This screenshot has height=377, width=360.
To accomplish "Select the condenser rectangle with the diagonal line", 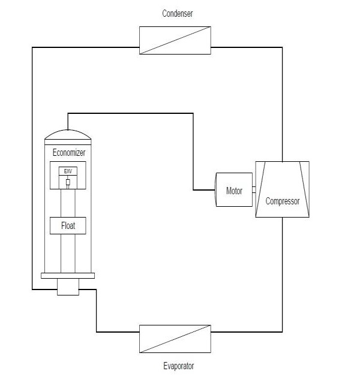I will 175,40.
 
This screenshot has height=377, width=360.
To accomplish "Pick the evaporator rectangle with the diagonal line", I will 175,339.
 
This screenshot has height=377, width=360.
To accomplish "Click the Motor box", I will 234,191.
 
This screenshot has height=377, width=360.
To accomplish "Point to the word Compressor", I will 282,201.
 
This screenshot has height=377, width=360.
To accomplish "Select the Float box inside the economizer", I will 68,226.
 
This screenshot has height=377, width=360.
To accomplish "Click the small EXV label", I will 68,171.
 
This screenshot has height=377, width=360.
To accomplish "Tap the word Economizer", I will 69,152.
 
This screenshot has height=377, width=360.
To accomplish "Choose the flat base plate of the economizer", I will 68,276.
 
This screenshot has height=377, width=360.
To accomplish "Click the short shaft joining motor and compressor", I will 254,191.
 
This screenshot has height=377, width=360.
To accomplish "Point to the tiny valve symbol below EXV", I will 68,182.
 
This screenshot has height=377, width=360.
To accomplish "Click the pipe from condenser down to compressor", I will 282,102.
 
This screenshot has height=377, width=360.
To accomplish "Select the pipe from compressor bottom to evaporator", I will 282,276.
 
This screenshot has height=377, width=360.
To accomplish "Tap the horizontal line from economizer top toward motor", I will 132,113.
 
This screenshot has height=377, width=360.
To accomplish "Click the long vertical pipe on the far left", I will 32,168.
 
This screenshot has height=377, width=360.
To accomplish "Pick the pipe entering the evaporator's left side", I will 118,331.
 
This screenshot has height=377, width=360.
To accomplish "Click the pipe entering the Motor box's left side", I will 204,191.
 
